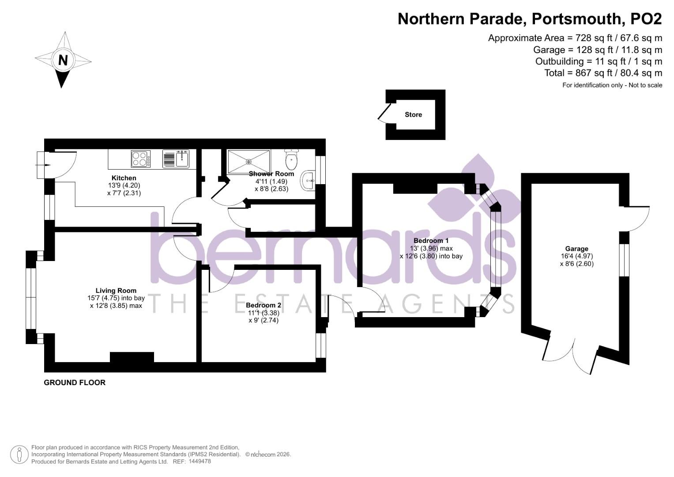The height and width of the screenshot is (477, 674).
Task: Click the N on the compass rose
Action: (63, 60)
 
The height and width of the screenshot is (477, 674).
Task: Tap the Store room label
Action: (413, 115)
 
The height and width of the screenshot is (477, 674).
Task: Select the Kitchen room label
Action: (124, 178)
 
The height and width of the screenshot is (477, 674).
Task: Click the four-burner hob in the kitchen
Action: (140, 159)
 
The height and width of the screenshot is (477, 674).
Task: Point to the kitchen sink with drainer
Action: (176, 159)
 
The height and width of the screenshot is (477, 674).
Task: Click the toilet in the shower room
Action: (291, 160)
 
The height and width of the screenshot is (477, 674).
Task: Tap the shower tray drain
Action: (249, 162)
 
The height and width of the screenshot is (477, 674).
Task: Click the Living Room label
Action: (116, 291)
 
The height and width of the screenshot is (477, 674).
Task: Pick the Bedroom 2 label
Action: (264, 305)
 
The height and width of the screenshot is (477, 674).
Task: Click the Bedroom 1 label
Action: (431, 241)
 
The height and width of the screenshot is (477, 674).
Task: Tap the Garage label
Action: (576, 249)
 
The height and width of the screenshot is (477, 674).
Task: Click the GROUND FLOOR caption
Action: (75, 382)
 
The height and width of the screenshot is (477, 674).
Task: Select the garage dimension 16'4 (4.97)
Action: (576, 256)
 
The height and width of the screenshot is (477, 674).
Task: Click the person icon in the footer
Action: (19, 454)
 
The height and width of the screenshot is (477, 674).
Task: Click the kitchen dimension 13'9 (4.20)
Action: (124, 185)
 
